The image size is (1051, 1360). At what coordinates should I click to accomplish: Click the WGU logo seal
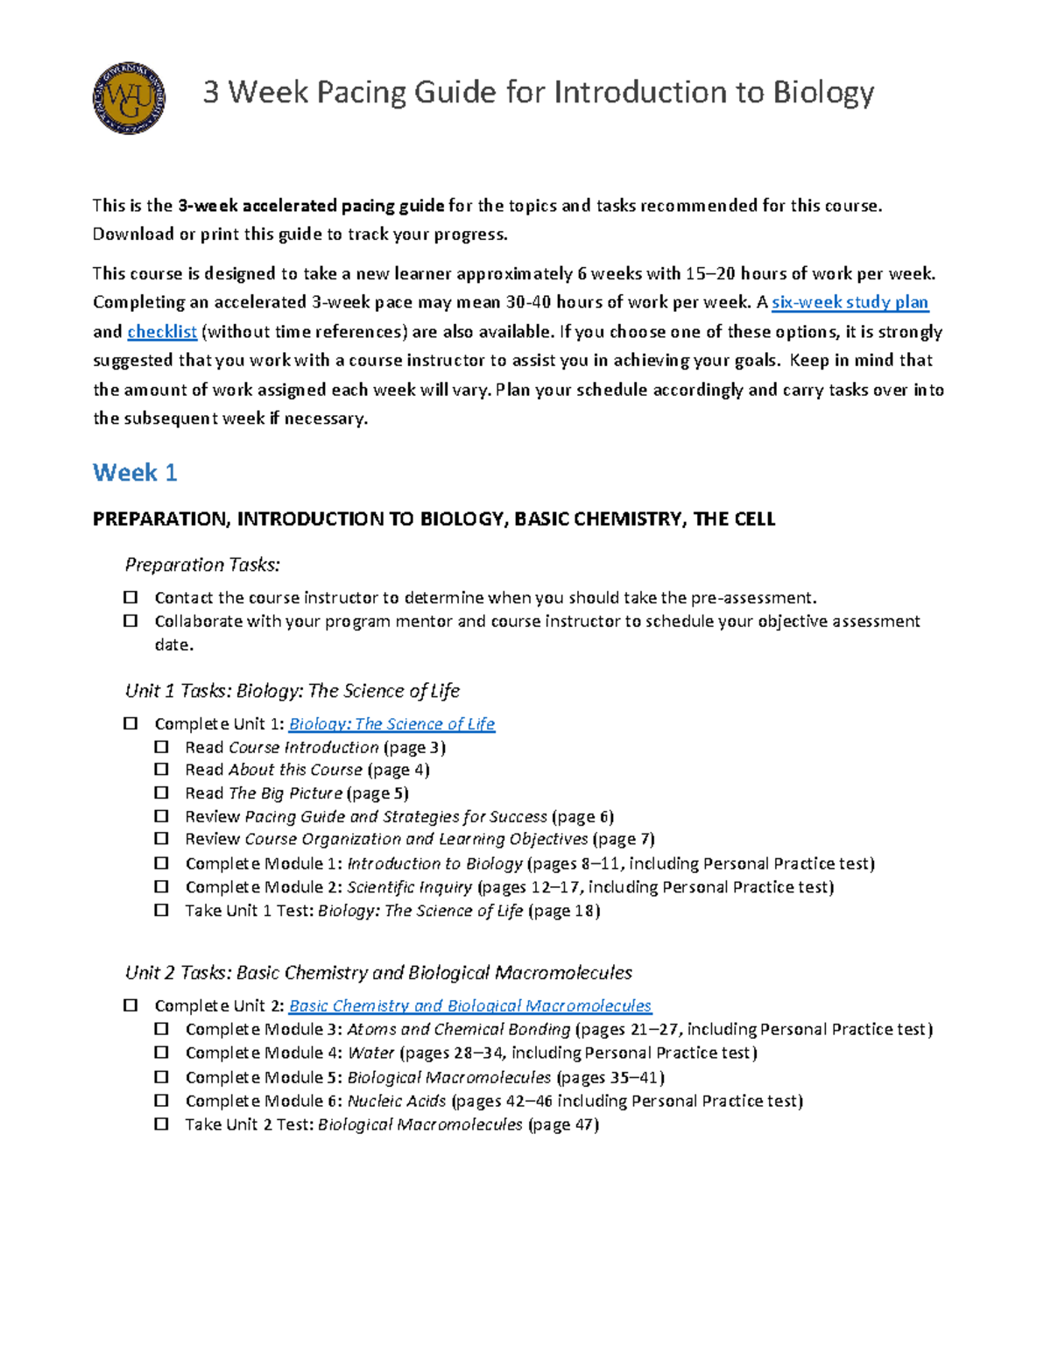(x=129, y=98)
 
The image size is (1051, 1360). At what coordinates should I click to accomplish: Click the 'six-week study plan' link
(x=849, y=302)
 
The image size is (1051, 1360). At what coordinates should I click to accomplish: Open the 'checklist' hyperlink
(x=162, y=331)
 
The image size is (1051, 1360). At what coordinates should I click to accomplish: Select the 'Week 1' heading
(x=135, y=473)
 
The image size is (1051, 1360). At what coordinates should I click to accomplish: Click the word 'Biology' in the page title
(x=822, y=92)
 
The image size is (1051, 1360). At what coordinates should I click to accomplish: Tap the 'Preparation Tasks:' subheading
(x=202, y=565)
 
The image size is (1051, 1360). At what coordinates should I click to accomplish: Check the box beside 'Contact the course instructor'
(x=130, y=597)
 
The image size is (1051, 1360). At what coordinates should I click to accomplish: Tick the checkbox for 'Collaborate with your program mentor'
(x=130, y=621)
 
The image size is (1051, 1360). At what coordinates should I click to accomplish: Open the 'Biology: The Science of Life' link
(x=391, y=724)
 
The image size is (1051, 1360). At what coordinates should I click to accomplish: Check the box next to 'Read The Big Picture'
(x=161, y=793)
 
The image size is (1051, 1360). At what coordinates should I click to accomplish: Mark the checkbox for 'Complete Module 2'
(x=161, y=886)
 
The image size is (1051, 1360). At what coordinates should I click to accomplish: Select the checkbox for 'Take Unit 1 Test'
(x=161, y=910)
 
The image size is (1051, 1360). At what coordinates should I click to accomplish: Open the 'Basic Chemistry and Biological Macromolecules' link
(x=469, y=1006)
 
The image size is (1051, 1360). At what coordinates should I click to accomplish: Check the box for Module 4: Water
(x=161, y=1053)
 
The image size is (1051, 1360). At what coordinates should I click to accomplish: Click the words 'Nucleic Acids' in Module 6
(x=396, y=1101)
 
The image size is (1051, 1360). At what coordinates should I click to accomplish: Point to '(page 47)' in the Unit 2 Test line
(x=563, y=1124)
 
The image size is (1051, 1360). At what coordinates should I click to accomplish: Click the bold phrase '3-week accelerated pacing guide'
(x=311, y=206)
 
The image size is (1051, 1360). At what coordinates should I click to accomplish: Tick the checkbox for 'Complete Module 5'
(x=161, y=1077)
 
